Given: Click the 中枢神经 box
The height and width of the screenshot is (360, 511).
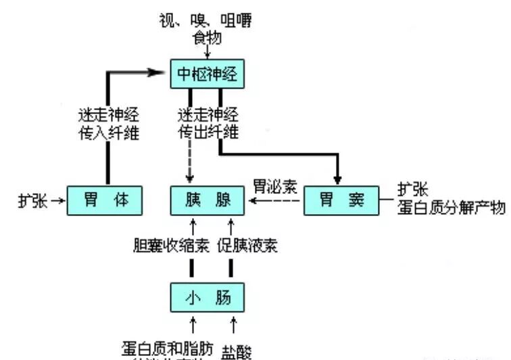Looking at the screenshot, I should [207, 75].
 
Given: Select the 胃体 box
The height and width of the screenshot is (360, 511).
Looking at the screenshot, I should [105, 201].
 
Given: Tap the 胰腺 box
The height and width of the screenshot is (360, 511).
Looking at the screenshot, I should [207, 201].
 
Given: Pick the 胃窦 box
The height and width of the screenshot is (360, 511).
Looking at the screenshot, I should [341, 201].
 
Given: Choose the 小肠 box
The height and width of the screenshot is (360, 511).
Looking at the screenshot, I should [207, 297].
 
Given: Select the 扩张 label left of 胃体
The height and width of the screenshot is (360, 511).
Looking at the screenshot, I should [32, 201].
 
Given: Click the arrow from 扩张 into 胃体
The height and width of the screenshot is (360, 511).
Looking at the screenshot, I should [58, 201].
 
